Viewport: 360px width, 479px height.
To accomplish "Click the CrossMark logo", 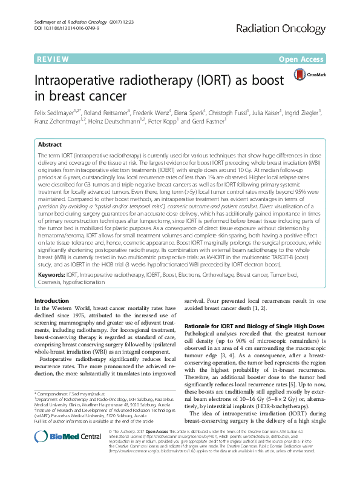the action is click(x=309, y=74).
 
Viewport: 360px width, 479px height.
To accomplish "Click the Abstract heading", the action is click(x=50, y=145).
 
